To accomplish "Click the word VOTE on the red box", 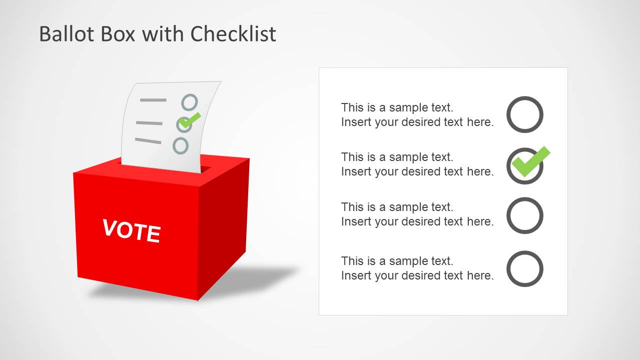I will (132, 231).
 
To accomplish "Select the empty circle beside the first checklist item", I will (524, 114).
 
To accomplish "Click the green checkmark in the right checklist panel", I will (531, 161).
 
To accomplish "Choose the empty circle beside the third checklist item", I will (524, 215).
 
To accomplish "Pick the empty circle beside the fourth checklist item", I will (524, 268).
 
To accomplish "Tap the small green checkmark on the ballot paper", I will (190, 119).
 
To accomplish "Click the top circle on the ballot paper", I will (190, 102).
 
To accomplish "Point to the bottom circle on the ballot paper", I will (181, 145).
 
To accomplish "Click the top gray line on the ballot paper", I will (153, 100).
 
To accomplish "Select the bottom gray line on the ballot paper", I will (148, 141).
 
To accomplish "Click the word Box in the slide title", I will (114, 34).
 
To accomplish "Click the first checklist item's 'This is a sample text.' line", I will (397, 107).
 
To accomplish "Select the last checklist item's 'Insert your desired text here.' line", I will (417, 275).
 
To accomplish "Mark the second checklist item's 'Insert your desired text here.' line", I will (417, 171).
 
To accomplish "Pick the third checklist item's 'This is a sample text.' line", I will (397, 207).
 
